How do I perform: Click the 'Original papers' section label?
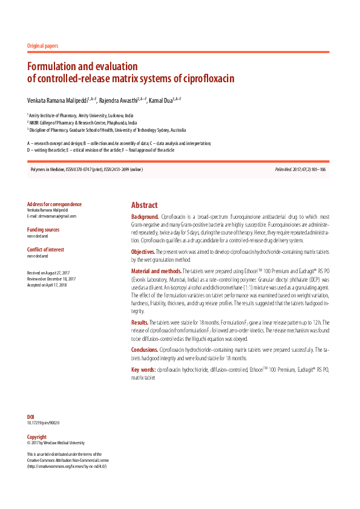click(x=44, y=46)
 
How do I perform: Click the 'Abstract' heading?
click(x=144, y=205)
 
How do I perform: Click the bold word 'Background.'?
click(x=145, y=216)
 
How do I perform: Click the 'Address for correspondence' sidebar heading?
click(x=54, y=204)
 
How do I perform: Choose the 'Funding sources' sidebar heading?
click(x=44, y=230)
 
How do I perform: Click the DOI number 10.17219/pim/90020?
click(x=47, y=423)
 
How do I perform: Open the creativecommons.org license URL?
click(x=67, y=467)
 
